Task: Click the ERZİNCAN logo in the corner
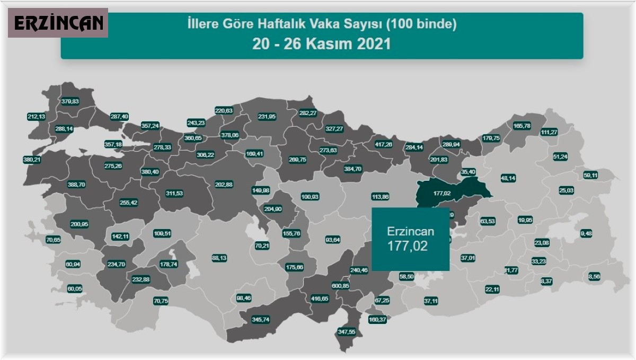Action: (58, 23)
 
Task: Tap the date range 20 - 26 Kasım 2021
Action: (322, 43)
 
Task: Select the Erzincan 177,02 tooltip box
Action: (410, 239)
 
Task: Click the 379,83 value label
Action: (70, 101)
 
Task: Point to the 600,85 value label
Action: (340, 286)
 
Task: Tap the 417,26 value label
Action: (384, 144)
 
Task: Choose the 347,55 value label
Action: (347, 332)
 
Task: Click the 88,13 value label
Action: (219, 258)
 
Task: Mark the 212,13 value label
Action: (37, 117)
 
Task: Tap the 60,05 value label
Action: (75, 289)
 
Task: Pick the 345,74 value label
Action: (260, 320)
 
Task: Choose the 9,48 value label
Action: (586, 233)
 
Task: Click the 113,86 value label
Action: (381, 197)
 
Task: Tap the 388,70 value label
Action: (76, 185)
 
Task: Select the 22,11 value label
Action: (492, 289)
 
